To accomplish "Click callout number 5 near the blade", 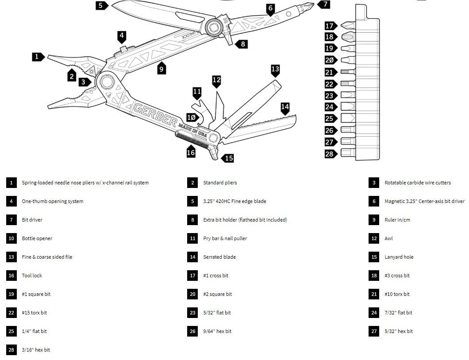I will click(x=101, y=5).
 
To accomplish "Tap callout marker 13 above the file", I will click(x=275, y=69).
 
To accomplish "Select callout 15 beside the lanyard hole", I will click(x=228, y=158).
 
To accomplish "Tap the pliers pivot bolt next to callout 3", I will click(x=107, y=82).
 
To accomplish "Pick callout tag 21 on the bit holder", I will click(x=329, y=73).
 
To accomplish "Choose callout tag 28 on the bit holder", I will click(x=329, y=154).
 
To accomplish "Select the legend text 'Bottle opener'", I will click(x=37, y=238).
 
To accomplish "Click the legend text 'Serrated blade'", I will click(x=219, y=257).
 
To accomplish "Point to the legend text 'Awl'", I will click(x=388, y=238).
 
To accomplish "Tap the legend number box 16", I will click(x=11, y=276).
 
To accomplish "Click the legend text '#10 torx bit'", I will click(x=397, y=294).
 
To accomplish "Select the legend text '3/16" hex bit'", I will click(x=36, y=350).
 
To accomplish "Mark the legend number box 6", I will click(x=374, y=201).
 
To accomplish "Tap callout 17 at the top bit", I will click(x=329, y=26).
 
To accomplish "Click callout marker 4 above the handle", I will click(x=122, y=35).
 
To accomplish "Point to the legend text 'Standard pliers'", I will click(x=220, y=183).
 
